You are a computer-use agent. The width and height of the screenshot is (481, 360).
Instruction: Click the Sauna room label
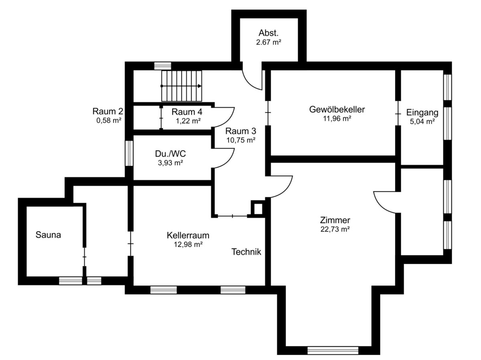point(48,235)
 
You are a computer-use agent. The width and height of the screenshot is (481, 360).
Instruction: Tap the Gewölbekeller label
point(337,109)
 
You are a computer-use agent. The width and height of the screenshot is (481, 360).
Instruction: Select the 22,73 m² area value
point(335,229)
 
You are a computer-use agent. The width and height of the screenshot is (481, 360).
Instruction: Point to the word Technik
point(246,252)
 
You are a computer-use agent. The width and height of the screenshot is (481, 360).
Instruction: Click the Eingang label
point(422,113)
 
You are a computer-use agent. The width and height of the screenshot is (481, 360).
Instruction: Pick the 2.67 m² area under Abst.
point(269,42)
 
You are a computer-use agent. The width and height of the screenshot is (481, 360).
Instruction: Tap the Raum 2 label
point(107,111)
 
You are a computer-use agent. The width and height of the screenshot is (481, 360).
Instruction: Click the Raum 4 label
point(187,112)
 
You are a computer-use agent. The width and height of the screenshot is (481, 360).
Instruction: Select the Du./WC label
point(170,154)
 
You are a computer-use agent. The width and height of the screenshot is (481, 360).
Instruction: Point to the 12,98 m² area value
point(188,244)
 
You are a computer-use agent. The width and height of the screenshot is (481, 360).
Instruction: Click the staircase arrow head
point(199,86)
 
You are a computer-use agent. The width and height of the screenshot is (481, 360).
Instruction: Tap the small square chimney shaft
point(258,209)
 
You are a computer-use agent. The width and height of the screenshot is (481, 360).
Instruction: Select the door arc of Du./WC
point(229,162)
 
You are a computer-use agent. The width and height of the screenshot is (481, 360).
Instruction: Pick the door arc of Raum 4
point(229,121)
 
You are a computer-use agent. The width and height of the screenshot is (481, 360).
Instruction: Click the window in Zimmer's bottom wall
point(333,350)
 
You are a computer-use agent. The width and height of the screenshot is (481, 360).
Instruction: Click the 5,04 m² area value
point(422,121)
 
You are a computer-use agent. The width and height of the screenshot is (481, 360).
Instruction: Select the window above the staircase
point(163,66)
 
